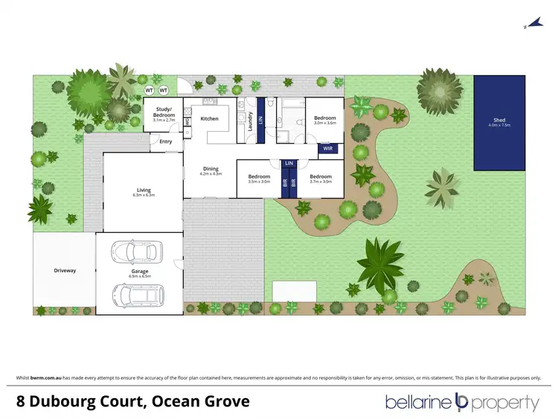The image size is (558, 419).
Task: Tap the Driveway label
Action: (65, 270)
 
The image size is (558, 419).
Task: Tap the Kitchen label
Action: (210, 118)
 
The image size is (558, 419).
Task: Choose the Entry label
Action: (165, 141)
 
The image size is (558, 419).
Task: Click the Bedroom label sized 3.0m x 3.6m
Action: (325, 119)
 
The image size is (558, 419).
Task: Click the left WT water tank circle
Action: (150, 92)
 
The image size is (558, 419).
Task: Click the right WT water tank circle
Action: (163, 92)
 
